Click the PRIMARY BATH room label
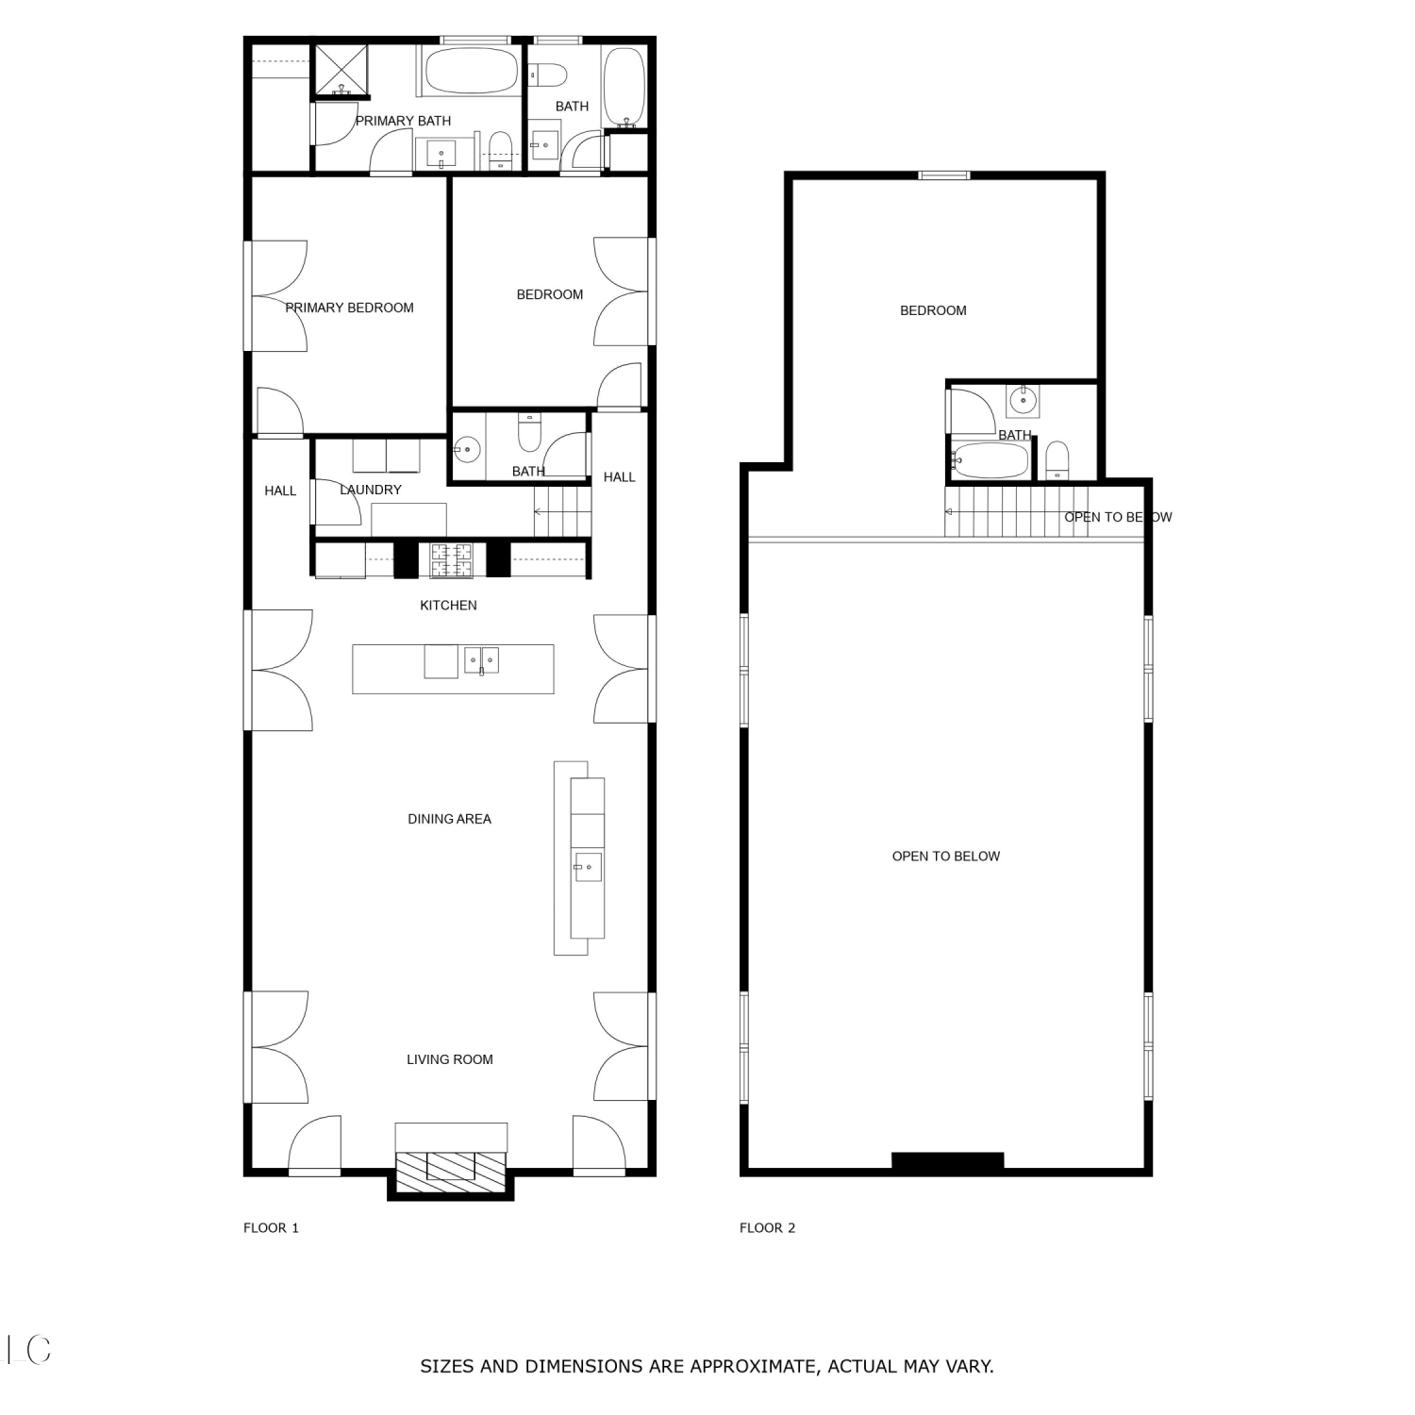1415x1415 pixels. click(403, 121)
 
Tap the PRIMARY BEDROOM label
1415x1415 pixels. click(349, 308)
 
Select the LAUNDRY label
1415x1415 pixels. click(371, 490)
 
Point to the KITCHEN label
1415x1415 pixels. click(448, 606)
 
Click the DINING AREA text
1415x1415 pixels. click(449, 819)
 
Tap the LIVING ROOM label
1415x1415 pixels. click(450, 1059)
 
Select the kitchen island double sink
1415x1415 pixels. click(481, 660)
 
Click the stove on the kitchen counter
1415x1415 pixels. click(452, 560)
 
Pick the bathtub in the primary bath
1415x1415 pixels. click(472, 71)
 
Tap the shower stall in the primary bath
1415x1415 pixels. click(341, 70)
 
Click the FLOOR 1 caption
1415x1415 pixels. click(271, 1228)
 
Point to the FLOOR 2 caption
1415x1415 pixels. click(767, 1228)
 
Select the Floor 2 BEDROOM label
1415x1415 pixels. click(933, 310)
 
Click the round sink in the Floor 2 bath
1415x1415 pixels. click(1023, 401)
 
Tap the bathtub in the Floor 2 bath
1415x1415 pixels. click(990, 460)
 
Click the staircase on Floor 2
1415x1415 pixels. click(1017, 511)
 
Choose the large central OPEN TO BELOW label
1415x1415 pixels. click(946, 857)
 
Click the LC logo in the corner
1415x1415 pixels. click(28, 1350)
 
